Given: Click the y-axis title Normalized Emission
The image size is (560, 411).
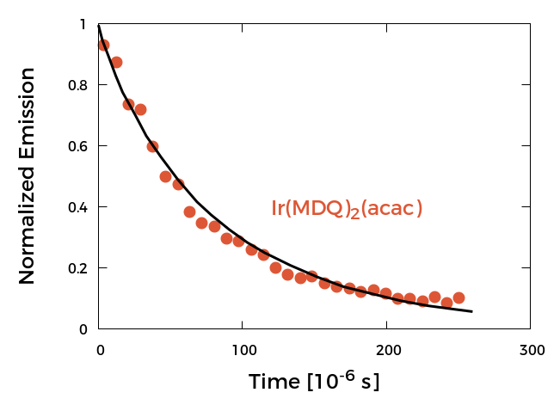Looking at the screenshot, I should click(27, 176).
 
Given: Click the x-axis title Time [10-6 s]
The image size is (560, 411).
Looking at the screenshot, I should click(314, 381).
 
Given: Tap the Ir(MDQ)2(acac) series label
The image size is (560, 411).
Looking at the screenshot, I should click(347, 209).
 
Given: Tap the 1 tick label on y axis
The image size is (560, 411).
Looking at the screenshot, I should click(83, 25).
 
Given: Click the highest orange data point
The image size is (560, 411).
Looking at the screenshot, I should click(103, 45).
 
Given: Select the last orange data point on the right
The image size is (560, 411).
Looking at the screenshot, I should click(458, 298).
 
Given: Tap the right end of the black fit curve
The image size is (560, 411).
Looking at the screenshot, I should click(471, 311).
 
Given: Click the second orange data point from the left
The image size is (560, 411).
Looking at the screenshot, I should click(116, 62).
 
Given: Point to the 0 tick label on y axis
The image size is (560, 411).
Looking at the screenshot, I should click(83, 329).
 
